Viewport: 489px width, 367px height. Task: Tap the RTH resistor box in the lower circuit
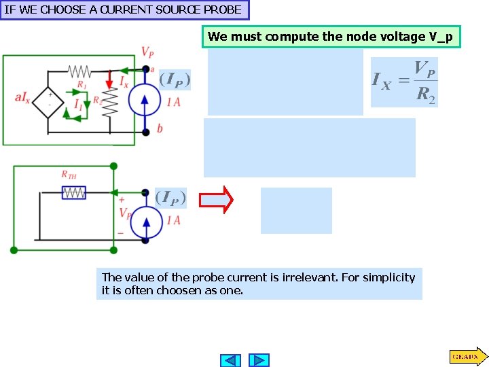(x=73, y=193)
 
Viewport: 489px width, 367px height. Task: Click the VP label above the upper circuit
(x=147, y=52)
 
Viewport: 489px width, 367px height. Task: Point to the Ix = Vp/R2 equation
(x=404, y=82)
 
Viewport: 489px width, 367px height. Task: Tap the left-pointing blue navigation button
(x=231, y=360)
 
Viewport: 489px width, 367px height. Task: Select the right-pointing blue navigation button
(x=259, y=360)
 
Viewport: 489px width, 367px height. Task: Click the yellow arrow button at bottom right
(x=467, y=355)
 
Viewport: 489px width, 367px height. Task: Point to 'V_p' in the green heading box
(x=441, y=37)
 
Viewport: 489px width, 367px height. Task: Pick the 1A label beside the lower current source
(x=173, y=220)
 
